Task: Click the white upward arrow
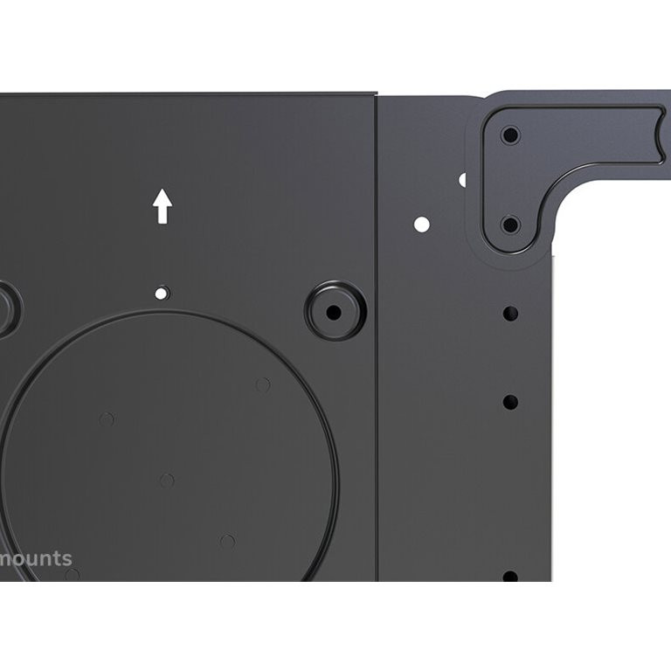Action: click(163, 206)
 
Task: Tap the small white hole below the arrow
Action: click(161, 294)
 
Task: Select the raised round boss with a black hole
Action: click(335, 311)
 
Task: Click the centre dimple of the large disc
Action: click(167, 481)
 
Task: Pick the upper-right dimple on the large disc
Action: click(263, 385)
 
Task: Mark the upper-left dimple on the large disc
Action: click(107, 419)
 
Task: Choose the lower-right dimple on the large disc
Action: click(228, 542)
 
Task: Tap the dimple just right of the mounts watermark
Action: click(73, 575)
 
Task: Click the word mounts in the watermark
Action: click(36, 559)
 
